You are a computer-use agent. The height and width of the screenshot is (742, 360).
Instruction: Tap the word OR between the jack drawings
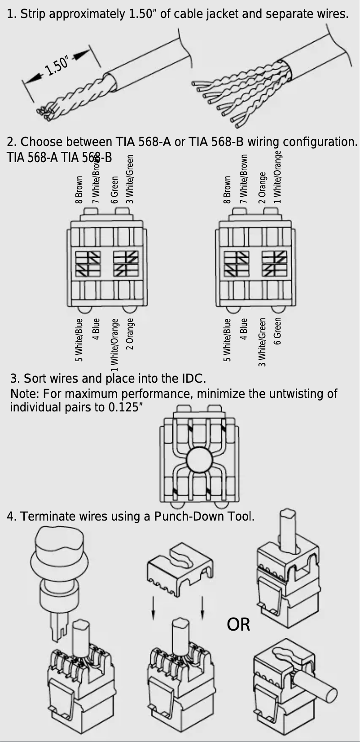(238, 624)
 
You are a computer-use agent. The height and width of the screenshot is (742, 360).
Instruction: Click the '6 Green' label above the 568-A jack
(114, 190)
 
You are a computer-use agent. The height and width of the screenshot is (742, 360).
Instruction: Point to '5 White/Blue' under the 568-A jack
(79, 340)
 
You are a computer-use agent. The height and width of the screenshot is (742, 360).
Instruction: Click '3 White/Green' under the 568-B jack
(263, 342)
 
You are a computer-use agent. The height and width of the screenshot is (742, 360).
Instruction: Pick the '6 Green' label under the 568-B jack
(278, 331)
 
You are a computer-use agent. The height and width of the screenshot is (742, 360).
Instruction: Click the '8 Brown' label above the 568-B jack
(227, 190)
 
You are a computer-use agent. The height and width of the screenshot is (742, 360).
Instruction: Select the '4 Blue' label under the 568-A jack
(96, 329)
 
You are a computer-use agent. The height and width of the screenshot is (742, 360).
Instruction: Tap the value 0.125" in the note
(126, 407)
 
